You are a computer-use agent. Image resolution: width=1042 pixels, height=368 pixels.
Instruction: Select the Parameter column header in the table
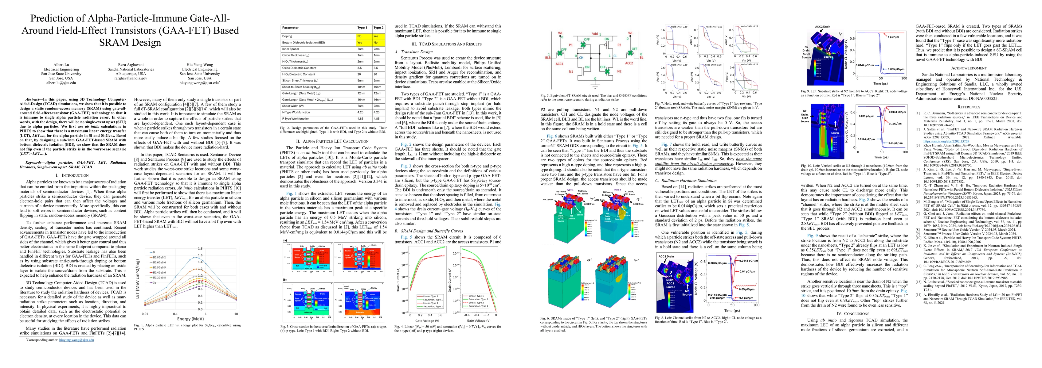[290, 28]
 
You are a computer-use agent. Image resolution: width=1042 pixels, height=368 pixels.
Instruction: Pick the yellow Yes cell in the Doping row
[376, 36]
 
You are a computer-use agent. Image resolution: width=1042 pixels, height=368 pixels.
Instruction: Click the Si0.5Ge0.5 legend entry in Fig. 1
[159, 267]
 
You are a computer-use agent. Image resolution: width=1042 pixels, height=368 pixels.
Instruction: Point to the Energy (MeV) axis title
[190, 319]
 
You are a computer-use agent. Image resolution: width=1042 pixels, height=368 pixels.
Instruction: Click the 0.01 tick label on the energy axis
[145, 313]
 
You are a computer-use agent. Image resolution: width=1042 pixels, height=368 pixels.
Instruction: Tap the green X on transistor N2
[607, 71]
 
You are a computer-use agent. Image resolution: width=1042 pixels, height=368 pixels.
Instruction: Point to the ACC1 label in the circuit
[559, 64]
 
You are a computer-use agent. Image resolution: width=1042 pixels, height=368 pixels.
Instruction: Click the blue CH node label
[581, 58]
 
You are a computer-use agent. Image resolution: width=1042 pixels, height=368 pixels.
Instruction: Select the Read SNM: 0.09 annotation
[714, 27]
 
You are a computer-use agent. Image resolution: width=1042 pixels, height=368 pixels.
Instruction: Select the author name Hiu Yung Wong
[200, 64]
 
